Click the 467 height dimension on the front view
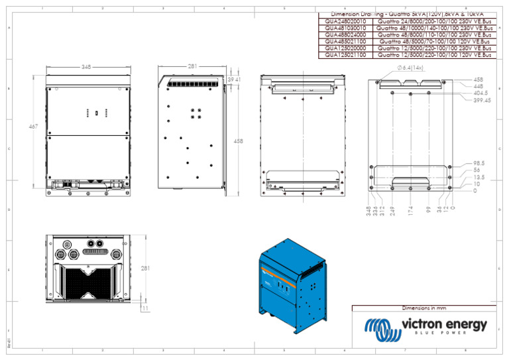[33, 126]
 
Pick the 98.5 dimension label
[479, 163]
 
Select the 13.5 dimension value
[479, 177]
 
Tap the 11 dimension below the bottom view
[145, 308]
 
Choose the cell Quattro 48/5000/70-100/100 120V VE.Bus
[434, 42]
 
